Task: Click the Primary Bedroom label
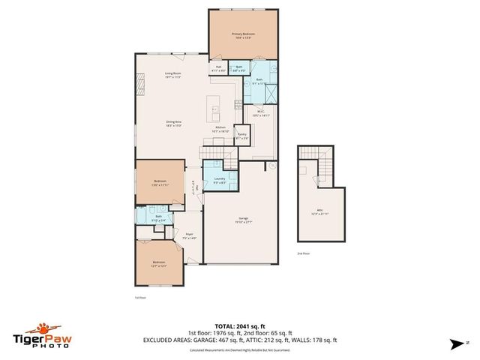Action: pos(242,34)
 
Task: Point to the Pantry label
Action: pos(241,137)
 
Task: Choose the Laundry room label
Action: pos(220,179)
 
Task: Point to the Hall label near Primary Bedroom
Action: pos(219,69)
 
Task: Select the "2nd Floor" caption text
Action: pos(304,254)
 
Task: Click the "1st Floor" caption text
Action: pos(139,298)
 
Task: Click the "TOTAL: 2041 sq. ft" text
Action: pos(239,325)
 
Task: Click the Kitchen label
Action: pos(220,129)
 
